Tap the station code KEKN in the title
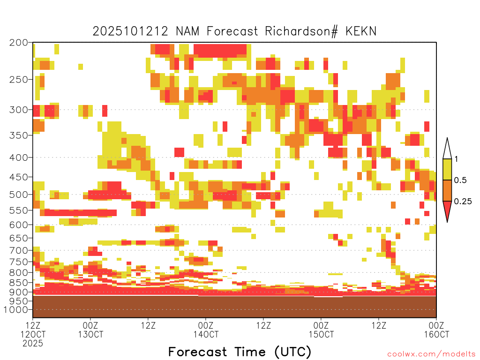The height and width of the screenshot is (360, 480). pos(361,31)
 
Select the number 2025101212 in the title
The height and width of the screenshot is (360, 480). pos(130,31)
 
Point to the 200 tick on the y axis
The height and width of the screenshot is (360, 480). pos(19,43)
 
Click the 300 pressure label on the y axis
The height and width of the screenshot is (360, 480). pos(19,110)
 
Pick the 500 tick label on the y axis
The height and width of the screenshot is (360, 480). pos(19,195)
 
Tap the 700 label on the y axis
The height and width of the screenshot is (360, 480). pos(19,250)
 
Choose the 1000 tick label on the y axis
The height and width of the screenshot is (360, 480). pos(16,310)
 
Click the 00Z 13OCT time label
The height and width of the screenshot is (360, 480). pos(90,330)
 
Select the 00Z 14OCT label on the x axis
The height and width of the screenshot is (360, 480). pos(206,330)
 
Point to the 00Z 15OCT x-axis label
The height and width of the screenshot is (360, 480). pos(321,330)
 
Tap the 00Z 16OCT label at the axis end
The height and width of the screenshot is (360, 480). pos(436,330)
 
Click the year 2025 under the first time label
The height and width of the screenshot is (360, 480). pos(33,343)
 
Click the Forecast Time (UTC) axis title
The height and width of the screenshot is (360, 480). pos(240,352)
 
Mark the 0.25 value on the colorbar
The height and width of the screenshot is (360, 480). pos(463,202)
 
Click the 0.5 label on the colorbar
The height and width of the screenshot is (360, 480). pos(460,180)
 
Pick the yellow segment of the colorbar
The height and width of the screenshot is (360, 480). pos(447,169)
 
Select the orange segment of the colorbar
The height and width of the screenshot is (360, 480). pos(447,190)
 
